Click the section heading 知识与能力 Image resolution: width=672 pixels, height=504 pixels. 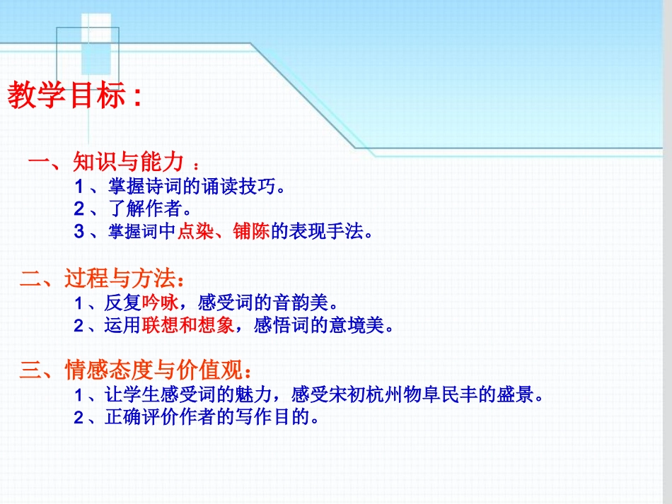click(x=128, y=163)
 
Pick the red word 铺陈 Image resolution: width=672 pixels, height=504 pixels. click(x=252, y=232)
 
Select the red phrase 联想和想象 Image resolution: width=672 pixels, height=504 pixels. click(x=187, y=326)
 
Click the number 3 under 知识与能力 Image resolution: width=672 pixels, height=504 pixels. click(x=79, y=232)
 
